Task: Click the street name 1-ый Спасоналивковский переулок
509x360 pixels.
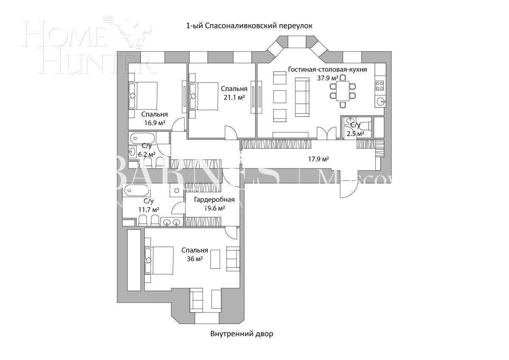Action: click(x=249, y=26)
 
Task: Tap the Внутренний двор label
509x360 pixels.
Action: click(x=242, y=334)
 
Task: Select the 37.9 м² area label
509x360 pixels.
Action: click(x=327, y=78)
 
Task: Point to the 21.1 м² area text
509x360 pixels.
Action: click(x=234, y=97)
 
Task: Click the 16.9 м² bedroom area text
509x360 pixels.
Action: click(x=154, y=123)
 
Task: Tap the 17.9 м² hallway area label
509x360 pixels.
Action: click(x=319, y=159)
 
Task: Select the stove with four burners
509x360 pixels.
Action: click(x=380, y=86)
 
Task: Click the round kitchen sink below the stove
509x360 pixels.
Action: click(x=380, y=101)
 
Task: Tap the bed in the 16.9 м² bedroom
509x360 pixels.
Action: click(x=143, y=96)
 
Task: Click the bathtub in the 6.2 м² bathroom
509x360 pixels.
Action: click(x=143, y=138)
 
